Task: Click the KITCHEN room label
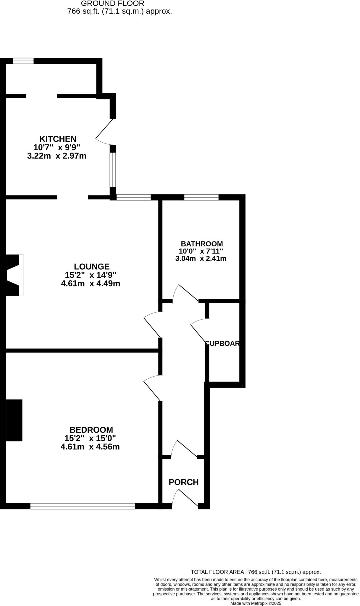(x=58, y=139)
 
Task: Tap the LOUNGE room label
(x=92, y=267)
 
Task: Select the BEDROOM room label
(x=91, y=430)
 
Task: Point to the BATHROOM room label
(x=202, y=244)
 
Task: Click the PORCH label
(x=183, y=482)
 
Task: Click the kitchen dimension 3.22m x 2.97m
(x=56, y=156)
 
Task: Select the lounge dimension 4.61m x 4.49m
(x=91, y=284)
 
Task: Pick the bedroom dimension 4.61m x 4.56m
(x=90, y=447)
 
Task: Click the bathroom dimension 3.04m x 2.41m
(x=201, y=259)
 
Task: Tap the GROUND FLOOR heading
(x=113, y=4)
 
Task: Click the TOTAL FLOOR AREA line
(x=256, y=572)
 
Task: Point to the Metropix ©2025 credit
(x=256, y=603)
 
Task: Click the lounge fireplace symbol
(x=14, y=275)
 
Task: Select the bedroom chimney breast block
(x=14, y=420)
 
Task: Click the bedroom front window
(x=83, y=506)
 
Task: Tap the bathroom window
(x=201, y=197)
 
